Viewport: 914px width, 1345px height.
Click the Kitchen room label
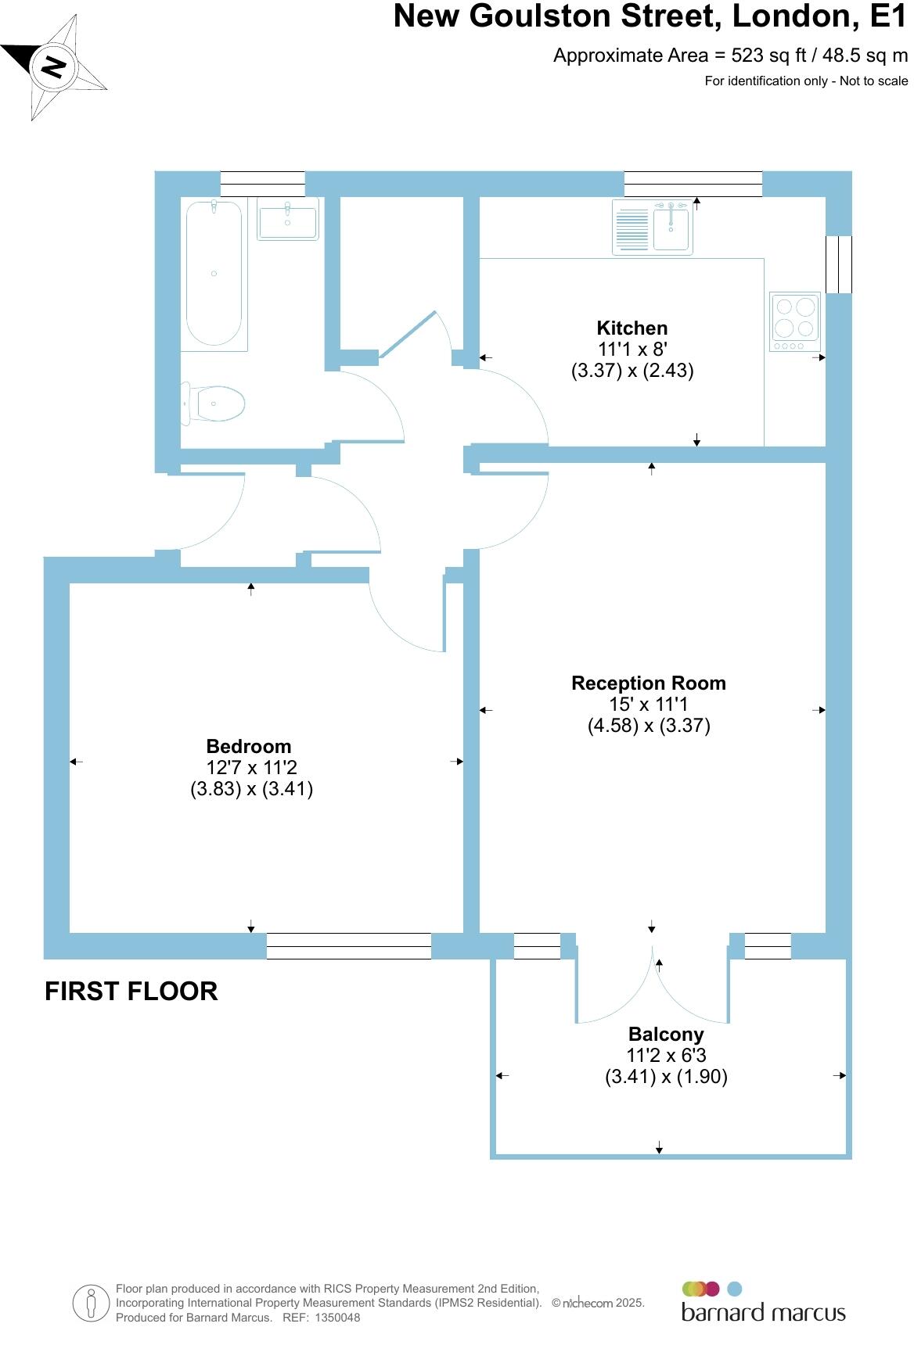pyautogui.click(x=632, y=328)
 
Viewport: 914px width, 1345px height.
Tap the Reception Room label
pyautogui.click(x=648, y=683)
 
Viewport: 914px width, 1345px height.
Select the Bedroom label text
pyautogui.click(x=248, y=747)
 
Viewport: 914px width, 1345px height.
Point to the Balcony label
pyautogui.click(x=666, y=1035)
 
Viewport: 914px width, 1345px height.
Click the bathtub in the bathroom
pyautogui.click(x=214, y=273)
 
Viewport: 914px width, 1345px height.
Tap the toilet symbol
pyautogui.click(x=214, y=404)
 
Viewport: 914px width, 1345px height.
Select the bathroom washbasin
pyautogui.click(x=288, y=218)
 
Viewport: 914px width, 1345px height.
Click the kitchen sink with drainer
pyautogui.click(x=652, y=227)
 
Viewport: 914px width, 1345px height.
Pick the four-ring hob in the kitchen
pyautogui.click(x=795, y=321)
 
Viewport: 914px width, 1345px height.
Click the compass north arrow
pyautogui.click(x=53, y=67)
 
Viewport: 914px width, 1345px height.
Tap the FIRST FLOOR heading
pyautogui.click(x=131, y=992)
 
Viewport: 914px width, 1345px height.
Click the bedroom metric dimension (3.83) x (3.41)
pyautogui.click(x=251, y=789)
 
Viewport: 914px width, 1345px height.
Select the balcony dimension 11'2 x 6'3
pyautogui.click(x=666, y=1056)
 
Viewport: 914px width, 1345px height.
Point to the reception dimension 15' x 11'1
pyautogui.click(x=648, y=705)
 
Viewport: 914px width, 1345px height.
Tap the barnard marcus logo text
pyautogui.click(x=763, y=1312)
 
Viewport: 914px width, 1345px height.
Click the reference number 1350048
pyautogui.click(x=336, y=1318)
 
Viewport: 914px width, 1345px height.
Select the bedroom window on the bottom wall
pyautogui.click(x=348, y=946)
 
